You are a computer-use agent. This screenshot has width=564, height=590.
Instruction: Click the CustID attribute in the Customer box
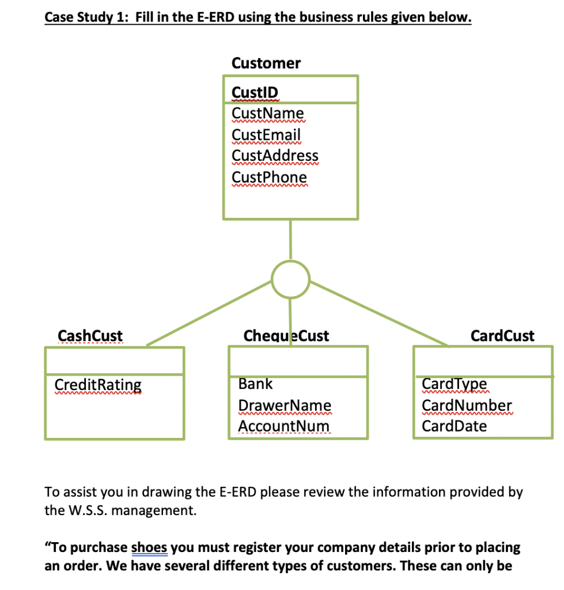(254, 92)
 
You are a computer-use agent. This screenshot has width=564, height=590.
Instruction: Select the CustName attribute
(267, 113)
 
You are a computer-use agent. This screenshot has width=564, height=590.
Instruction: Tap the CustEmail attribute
(266, 134)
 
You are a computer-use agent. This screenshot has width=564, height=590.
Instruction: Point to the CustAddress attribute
(275, 156)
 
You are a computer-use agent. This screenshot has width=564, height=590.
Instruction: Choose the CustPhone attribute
(269, 176)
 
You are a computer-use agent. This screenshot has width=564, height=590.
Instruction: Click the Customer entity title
(266, 63)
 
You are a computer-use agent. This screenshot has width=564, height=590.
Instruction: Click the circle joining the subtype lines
(290, 279)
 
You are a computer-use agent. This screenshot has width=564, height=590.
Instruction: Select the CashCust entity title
(90, 335)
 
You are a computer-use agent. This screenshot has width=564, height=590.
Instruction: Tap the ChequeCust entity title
(286, 335)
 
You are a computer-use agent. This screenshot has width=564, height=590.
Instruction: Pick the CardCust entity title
(502, 335)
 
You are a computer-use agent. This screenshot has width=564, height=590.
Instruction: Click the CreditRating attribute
(98, 384)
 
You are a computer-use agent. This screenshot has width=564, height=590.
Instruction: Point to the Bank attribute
(255, 384)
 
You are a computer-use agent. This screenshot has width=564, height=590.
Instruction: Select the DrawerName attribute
(285, 405)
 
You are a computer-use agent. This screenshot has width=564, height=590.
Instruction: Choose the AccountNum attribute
(285, 426)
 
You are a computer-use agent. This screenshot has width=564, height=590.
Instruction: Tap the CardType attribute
(454, 384)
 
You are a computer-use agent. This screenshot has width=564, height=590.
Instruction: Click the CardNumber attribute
(467, 405)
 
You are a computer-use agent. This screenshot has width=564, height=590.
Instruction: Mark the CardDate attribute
(454, 426)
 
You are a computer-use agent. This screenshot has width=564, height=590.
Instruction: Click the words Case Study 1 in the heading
(86, 17)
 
